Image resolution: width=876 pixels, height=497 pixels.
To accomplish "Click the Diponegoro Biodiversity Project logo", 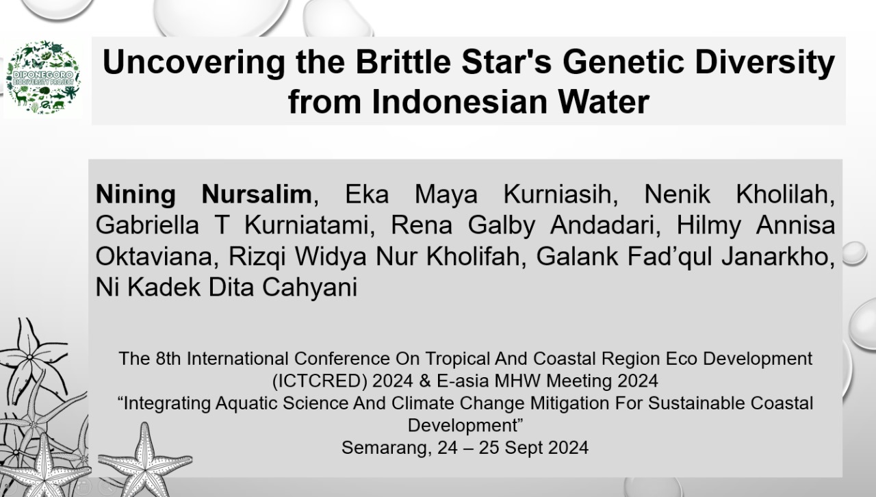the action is pyautogui.click(x=43, y=78).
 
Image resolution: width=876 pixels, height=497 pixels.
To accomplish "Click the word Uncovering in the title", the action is pyautogui.click(x=194, y=62).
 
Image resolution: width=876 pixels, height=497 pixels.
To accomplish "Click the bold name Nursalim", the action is pyautogui.click(x=257, y=194).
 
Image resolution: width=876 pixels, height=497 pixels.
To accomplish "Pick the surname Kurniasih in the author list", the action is pyautogui.click(x=557, y=194).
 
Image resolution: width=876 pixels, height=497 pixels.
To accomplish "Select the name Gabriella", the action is pyautogui.click(x=147, y=225).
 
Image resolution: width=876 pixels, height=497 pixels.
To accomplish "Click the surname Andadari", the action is pyautogui.click(x=602, y=225).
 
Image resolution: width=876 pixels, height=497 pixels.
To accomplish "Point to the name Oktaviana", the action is pyautogui.click(x=153, y=256).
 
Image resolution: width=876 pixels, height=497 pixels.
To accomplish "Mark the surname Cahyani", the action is pyautogui.click(x=310, y=288).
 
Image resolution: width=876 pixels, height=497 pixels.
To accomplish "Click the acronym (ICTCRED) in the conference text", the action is pyautogui.click(x=320, y=381).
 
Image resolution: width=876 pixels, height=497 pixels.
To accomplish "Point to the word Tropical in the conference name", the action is pyautogui.click(x=456, y=359).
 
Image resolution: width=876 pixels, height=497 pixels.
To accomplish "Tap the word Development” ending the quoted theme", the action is pyautogui.click(x=465, y=425).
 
